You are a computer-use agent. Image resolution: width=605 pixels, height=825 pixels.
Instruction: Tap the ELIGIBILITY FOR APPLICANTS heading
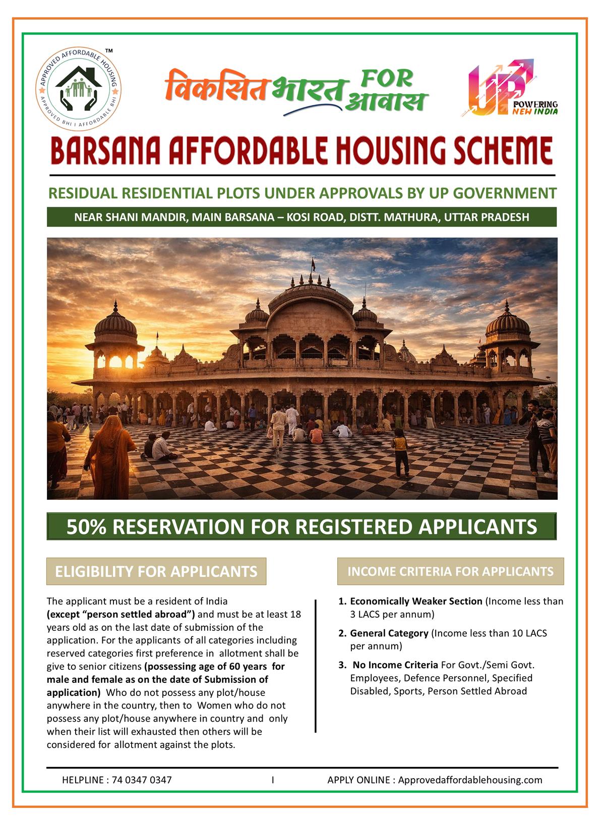(x=156, y=571)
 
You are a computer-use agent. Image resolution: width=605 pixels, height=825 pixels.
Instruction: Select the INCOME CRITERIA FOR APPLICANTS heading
(x=450, y=571)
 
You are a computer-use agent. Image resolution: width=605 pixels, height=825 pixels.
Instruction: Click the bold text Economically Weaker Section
(x=416, y=601)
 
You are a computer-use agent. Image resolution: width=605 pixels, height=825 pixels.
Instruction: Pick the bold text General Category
(x=389, y=633)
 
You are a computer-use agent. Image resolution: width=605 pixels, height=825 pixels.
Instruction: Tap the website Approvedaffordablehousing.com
(x=470, y=780)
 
